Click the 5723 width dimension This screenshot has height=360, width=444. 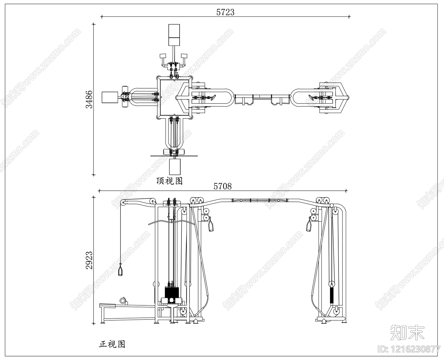click(225, 12)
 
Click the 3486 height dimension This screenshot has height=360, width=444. click(89, 99)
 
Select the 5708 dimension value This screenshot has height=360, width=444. click(222, 186)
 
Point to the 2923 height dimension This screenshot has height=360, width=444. click(89, 260)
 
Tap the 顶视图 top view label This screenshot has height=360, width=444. click(169, 181)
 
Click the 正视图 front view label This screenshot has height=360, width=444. click(112, 344)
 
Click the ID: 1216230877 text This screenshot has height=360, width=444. click(409, 349)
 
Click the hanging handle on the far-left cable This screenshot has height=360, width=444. click(120, 270)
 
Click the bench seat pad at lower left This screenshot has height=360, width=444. click(107, 306)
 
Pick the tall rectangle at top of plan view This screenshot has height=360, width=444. click(174, 35)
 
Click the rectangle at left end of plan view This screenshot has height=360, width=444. click(110, 97)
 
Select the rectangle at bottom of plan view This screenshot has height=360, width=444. click(175, 167)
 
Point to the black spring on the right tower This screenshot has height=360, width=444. click(331, 295)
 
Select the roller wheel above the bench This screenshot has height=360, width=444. click(123, 300)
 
